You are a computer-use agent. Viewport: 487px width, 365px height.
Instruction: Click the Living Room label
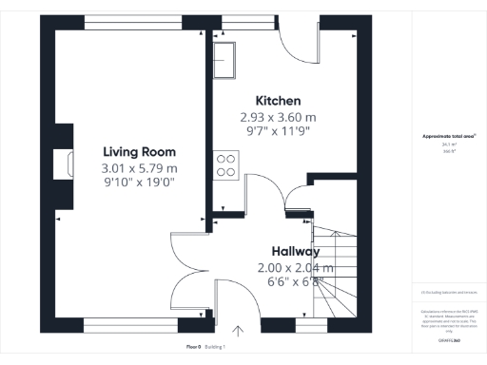(x=140, y=151)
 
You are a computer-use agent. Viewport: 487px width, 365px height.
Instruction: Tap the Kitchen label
(x=278, y=101)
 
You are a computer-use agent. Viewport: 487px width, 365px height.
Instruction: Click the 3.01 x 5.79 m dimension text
(x=140, y=168)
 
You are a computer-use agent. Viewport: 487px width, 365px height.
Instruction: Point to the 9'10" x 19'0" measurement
(x=140, y=182)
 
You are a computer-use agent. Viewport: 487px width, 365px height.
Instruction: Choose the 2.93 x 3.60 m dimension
(x=278, y=118)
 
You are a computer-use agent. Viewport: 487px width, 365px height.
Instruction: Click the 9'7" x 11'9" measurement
(x=278, y=132)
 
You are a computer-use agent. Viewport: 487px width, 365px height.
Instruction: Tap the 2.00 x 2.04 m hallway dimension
(x=295, y=268)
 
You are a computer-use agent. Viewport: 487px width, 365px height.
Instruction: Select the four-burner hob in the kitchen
(x=226, y=166)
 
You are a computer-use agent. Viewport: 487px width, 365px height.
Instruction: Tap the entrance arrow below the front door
(x=238, y=332)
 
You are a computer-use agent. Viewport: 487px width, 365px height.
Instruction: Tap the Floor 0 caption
(x=193, y=347)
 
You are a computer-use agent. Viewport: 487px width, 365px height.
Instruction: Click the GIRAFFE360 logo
(x=449, y=339)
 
